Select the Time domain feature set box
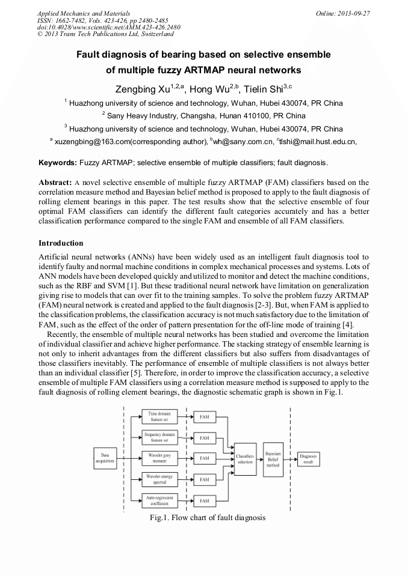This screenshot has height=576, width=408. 159,417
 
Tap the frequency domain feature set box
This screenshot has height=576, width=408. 159,437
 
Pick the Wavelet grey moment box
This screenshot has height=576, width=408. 159,458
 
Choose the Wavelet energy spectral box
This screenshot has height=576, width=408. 159,479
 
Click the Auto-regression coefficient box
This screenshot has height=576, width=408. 159,500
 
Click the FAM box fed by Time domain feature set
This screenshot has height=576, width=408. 205,416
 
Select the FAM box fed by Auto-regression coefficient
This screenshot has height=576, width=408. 205,500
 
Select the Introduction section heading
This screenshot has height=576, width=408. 61,243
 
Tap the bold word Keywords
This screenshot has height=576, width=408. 57,162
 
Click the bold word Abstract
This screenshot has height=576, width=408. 55,182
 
